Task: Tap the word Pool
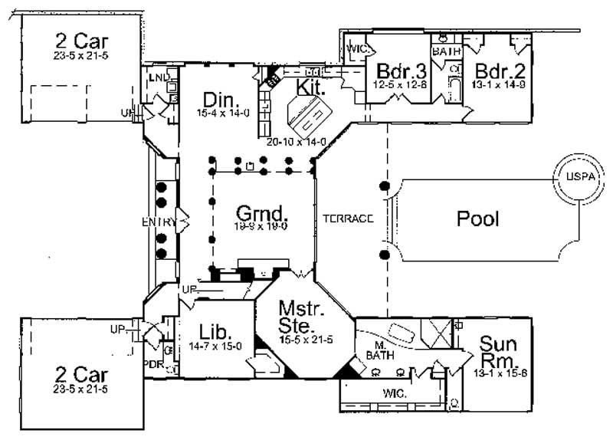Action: tap(477, 219)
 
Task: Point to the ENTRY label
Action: tap(159, 222)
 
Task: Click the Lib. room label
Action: tap(213, 332)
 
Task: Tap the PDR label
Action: tap(153, 364)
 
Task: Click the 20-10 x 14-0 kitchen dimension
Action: tap(297, 142)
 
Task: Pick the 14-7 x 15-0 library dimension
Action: tap(215, 347)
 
